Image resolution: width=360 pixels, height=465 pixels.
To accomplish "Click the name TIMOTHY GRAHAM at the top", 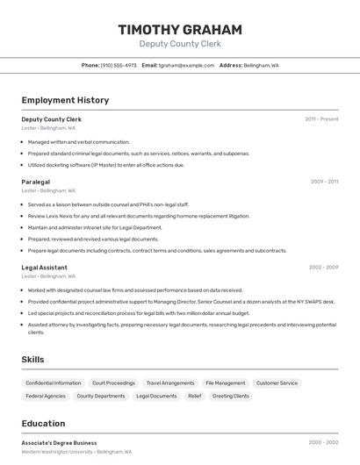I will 180,30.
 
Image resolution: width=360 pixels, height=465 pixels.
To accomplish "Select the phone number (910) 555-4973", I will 119,65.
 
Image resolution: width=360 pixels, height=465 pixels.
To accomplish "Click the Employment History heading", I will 65,100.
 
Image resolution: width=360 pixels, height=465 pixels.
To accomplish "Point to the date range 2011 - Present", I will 321,119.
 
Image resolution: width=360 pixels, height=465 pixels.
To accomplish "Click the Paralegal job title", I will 36,182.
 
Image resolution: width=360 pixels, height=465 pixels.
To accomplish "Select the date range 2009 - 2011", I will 324,182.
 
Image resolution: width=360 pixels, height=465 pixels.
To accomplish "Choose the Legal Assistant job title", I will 45,267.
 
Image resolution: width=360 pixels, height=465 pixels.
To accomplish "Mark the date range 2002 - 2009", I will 323,267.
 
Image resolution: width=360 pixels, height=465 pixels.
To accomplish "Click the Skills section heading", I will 32,360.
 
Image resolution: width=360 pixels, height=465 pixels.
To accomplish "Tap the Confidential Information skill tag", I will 53,383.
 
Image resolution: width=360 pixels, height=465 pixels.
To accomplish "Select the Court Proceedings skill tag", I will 113,383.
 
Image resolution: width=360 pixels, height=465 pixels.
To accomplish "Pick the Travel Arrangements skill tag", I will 170,383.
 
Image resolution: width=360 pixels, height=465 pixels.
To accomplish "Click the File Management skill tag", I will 226,383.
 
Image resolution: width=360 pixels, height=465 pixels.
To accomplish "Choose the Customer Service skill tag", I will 277,383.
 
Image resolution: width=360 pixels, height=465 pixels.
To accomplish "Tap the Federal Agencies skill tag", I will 46,397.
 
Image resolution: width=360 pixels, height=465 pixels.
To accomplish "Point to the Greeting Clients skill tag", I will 231,397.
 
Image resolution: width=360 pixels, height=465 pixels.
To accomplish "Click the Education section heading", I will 43,424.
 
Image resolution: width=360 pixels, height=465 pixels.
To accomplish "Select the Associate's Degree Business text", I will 60,443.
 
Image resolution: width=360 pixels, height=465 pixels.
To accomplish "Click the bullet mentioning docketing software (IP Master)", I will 106,165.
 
